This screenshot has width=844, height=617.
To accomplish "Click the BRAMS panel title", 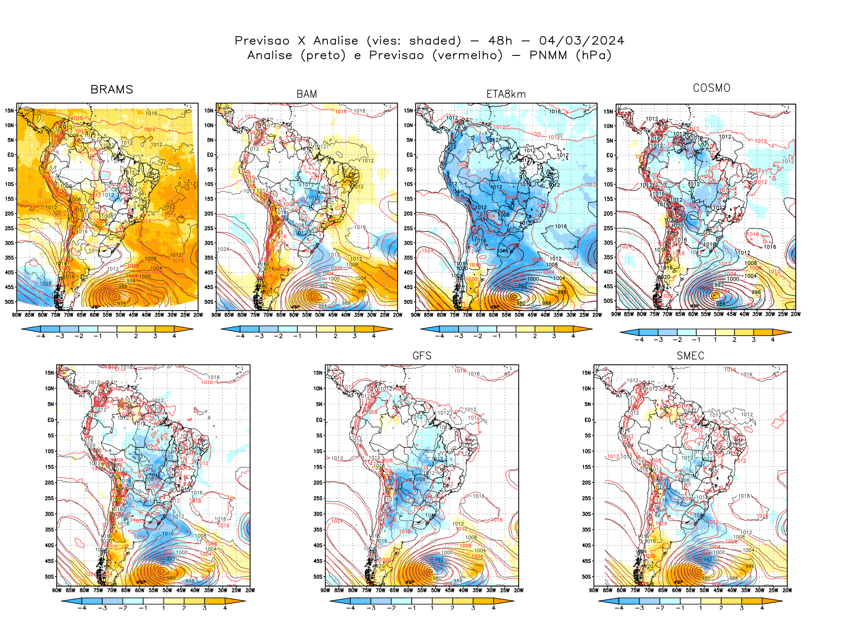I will click(x=112, y=89).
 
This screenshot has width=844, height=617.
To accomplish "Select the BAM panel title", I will click(x=306, y=94).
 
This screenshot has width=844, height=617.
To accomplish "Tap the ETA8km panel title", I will click(x=506, y=94).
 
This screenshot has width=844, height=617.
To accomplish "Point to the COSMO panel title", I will click(x=711, y=88).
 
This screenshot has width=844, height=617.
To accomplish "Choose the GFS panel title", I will click(x=422, y=356).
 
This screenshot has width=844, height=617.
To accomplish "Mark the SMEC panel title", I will click(x=690, y=356).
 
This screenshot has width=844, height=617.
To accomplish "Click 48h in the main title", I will click(x=500, y=41).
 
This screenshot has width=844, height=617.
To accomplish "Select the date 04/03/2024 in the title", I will click(x=581, y=41).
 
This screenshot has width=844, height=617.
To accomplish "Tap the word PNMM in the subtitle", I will click(x=548, y=55).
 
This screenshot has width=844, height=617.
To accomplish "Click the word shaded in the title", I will click(x=435, y=41).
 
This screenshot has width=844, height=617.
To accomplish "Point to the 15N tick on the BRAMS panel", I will click(x=9, y=110).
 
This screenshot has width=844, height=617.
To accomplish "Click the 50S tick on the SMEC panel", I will click(x=587, y=577).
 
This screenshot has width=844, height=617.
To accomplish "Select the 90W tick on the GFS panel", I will click(x=325, y=590).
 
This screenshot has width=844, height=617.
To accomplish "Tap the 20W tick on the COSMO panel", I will click(x=795, y=314).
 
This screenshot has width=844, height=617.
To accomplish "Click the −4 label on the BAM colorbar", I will click(x=240, y=336).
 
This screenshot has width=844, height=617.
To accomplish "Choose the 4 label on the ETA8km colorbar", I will click(x=573, y=336).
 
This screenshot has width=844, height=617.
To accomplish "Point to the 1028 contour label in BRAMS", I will click(x=46, y=284).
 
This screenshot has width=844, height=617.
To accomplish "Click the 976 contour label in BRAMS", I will click(x=122, y=304).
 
